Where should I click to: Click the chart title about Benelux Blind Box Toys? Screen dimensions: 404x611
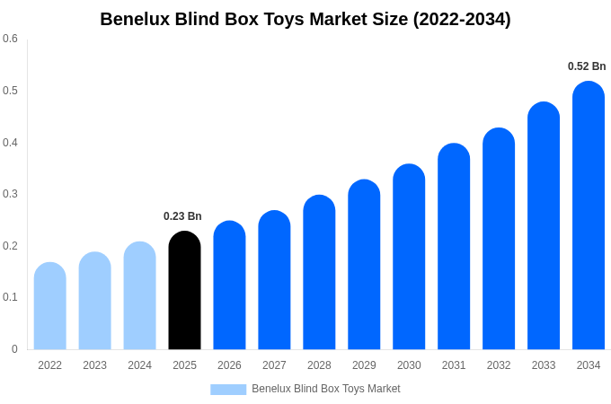305,19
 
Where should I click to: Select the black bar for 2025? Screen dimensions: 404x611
184,292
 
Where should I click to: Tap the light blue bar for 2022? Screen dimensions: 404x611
50,307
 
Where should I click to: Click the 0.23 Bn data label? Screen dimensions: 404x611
182,216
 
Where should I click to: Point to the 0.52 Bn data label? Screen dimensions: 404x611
587,66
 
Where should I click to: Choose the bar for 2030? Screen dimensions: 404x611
409,258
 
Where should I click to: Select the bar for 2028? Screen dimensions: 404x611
319,273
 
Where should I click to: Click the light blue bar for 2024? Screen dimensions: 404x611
139,296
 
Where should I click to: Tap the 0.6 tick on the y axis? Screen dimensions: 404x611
10,39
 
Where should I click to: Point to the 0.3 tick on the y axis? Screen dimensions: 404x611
10,194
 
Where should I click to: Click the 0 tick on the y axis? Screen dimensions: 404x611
14,349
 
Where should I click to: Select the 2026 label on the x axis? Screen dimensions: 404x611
229,365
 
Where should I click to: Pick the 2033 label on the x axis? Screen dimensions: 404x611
544,365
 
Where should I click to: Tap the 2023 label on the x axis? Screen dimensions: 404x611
94,365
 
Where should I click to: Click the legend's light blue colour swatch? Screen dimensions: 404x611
228,390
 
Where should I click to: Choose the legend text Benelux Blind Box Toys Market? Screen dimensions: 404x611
326,389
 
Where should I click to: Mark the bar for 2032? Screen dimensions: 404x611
499,240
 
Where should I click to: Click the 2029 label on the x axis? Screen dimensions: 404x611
364,365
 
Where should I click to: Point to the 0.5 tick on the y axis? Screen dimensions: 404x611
10,91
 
